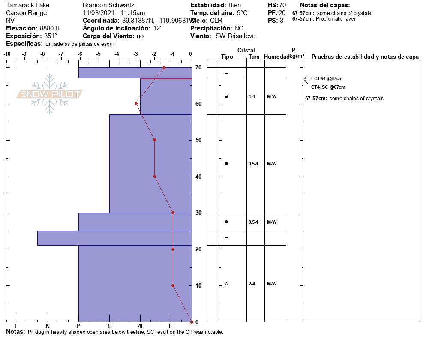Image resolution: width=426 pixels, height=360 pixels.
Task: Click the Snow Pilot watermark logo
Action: coord(50,94)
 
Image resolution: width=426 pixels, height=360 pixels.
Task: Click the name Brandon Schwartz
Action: coord(108,5)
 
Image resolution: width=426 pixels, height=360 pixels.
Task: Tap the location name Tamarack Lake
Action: coord(27,5)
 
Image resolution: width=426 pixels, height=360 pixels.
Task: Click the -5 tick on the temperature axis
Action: coord(99,54)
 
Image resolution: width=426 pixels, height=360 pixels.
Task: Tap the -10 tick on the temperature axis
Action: coord(7,54)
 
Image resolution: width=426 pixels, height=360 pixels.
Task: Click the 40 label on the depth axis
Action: coord(198,177)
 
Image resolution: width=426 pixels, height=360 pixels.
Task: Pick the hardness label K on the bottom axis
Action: coord(47,326)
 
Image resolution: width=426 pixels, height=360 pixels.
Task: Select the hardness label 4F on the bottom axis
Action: coord(141,326)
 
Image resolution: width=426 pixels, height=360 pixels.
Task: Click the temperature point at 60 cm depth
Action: coord(136,103)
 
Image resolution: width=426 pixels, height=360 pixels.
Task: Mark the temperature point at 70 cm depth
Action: coord(164,67)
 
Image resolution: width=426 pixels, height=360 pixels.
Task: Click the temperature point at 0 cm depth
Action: coord(191,321)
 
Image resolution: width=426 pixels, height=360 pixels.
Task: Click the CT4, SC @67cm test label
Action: coord(328,87)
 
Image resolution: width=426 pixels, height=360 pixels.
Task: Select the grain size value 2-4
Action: coord(252,284)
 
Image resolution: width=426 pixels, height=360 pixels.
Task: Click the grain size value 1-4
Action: coord(252,96)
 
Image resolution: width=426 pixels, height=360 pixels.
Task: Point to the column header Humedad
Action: coord(276,57)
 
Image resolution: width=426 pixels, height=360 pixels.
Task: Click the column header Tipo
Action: coord(227,57)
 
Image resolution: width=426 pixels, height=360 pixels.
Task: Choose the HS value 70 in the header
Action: coord(282,5)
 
